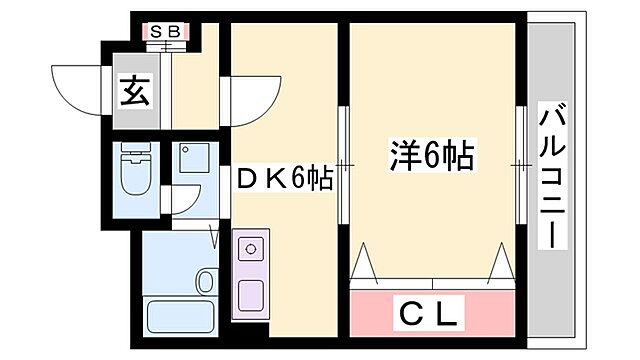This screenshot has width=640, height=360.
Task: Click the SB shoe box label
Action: pos(165,31)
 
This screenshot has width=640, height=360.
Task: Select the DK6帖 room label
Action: pos(284,177)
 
